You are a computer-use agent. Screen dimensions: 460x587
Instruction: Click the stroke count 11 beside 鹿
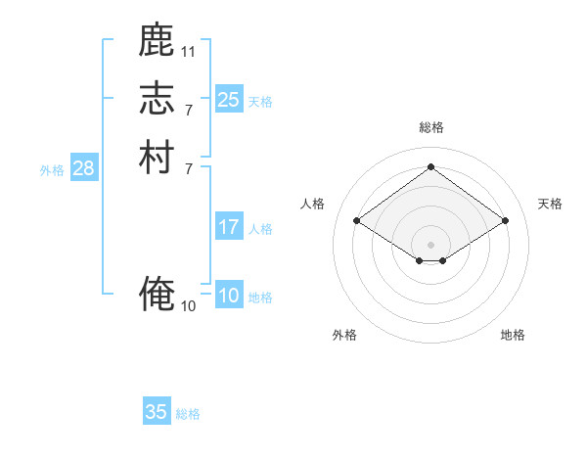[x=189, y=50]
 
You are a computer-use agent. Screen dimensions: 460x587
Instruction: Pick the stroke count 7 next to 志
[x=189, y=109]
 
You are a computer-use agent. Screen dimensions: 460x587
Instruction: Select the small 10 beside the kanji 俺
[x=189, y=305]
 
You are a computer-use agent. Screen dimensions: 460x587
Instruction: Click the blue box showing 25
[x=229, y=99]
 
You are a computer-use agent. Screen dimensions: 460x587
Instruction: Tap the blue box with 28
[x=84, y=168]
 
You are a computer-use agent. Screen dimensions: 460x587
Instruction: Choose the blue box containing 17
[x=229, y=227]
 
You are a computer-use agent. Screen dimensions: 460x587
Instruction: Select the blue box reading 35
[x=157, y=412]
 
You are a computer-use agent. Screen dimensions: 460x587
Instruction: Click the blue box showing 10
[x=229, y=296]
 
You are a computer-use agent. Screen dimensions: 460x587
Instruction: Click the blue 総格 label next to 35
[x=188, y=414]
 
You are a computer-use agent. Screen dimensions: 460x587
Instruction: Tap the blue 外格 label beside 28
[x=52, y=169]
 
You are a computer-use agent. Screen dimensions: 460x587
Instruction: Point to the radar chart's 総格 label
[x=431, y=127]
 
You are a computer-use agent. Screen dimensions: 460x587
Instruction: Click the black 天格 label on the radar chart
[x=551, y=204]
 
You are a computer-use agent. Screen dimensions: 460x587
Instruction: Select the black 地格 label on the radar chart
[x=513, y=335]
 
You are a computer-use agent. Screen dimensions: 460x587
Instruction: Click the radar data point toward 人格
[x=357, y=221]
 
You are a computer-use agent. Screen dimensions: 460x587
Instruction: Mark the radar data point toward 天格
[x=506, y=221]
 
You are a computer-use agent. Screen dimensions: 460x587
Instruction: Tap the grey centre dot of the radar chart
[x=431, y=244]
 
